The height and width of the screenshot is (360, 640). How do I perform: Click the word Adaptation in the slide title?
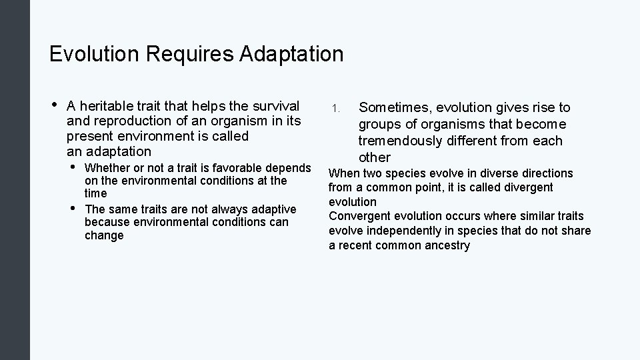click(x=292, y=53)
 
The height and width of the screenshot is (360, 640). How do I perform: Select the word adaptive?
click(x=273, y=209)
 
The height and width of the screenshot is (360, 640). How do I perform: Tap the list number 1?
click(x=336, y=108)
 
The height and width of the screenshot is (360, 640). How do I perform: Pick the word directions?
click(x=545, y=173)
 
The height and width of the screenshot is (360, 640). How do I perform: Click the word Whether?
click(x=107, y=167)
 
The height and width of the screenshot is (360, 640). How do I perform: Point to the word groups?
click(x=378, y=124)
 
